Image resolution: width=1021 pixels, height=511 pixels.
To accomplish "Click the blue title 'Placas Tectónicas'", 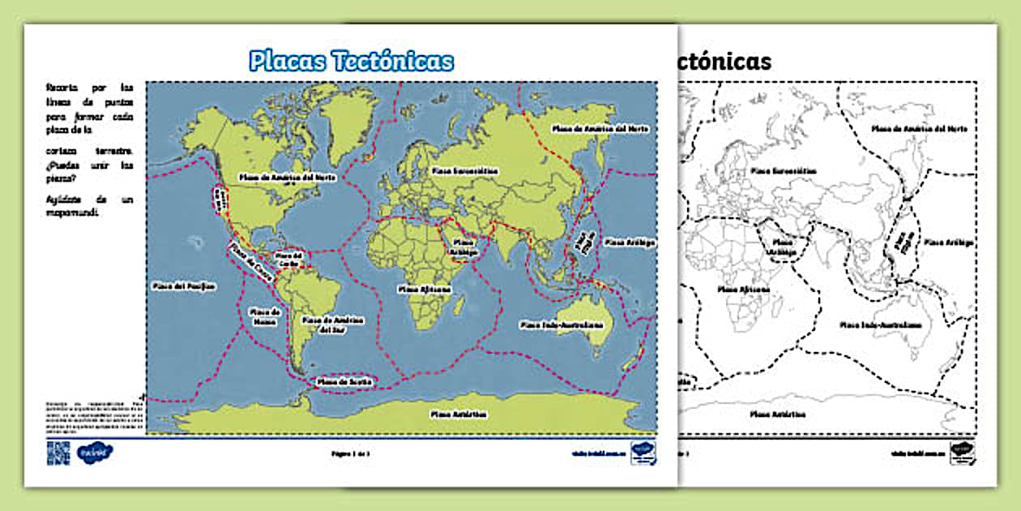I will coord(351,61).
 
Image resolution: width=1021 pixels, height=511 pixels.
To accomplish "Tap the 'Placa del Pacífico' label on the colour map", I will coord(184,286).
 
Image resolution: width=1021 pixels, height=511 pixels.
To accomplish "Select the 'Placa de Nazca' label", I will coord(265,316).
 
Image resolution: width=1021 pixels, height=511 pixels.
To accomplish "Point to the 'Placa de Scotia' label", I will coord(344,380).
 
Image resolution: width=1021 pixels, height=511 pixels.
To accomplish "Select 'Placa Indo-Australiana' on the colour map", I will coord(573,324).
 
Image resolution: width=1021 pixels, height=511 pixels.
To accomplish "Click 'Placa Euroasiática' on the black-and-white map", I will coord(784,171).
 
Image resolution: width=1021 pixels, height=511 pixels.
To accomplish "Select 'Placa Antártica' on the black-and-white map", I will coord(778,414).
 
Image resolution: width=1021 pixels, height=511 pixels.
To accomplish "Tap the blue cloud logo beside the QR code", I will coord(95,453).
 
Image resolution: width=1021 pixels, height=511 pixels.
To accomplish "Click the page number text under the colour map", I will coord(351,453).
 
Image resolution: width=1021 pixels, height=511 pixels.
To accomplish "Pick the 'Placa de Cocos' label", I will coord(245,260).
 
